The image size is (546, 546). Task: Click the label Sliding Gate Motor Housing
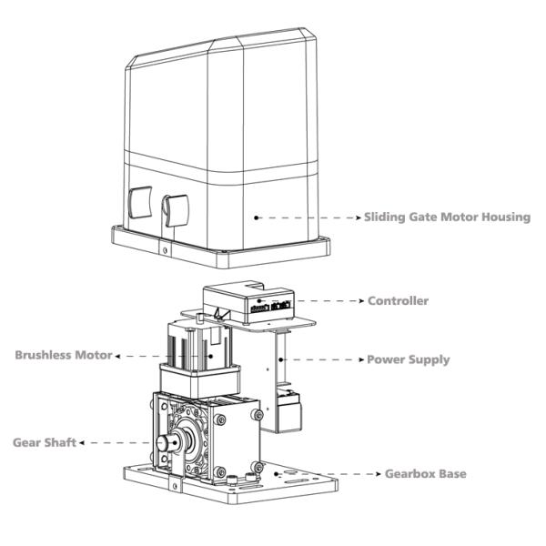tap(447, 217)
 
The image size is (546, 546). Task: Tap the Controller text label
tap(397, 300)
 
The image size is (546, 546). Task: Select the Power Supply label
tap(408, 359)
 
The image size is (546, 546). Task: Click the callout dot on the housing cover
tap(258, 217)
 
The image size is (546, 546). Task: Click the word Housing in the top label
tap(504, 217)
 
